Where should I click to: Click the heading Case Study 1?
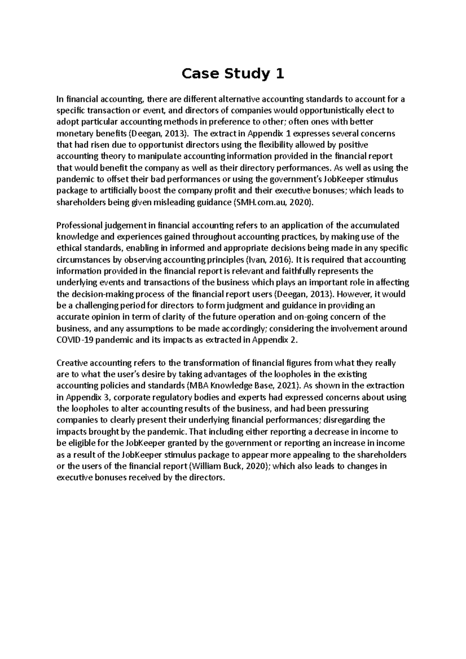pyautogui.click(x=233, y=73)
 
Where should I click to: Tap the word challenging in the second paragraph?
pyautogui.click(x=90, y=305)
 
